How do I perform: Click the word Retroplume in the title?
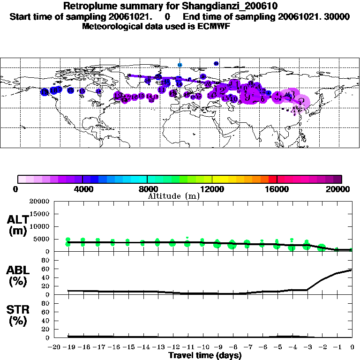pos(87,6)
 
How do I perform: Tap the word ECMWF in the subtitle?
pos(215,26)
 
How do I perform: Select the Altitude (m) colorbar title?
pos(173,196)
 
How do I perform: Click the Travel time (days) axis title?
pos(205,356)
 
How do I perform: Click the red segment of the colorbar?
pos(273,179)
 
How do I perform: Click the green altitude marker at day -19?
pos(68,242)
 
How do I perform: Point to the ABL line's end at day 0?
pos(352,270)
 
